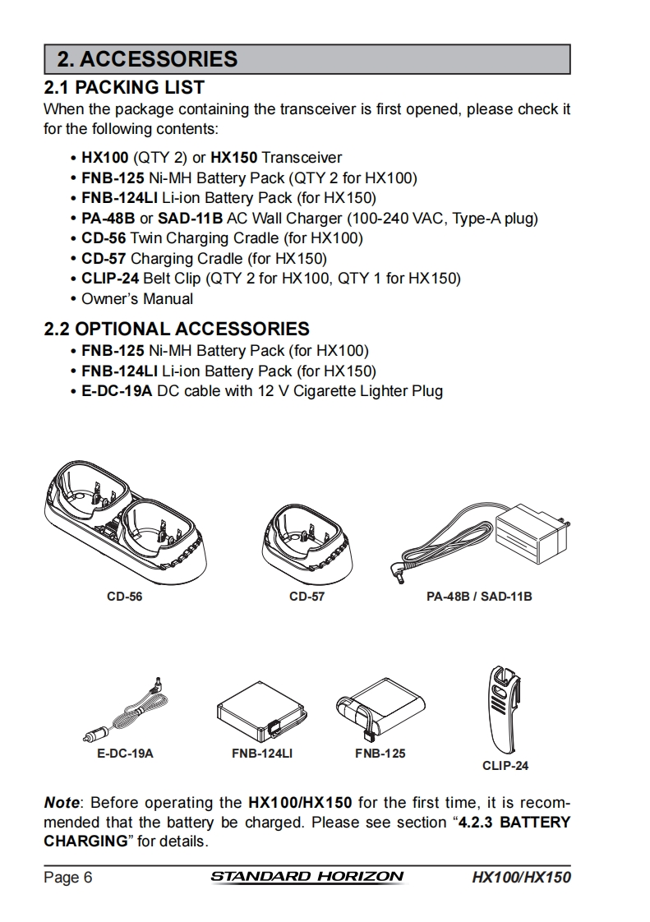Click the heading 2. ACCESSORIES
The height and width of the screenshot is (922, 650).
(x=147, y=59)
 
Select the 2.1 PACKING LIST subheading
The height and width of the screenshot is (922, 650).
(x=124, y=87)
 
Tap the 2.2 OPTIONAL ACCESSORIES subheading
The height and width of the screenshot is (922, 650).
(x=177, y=330)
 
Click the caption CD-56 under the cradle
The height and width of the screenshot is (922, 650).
(x=125, y=597)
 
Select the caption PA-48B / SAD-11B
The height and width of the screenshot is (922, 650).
(x=479, y=597)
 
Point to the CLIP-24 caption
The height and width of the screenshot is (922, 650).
(x=505, y=766)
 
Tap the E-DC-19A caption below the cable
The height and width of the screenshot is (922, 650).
(x=120, y=753)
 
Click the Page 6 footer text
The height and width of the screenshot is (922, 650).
(x=67, y=878)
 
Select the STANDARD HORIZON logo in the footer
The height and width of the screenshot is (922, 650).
(x=307, y=877)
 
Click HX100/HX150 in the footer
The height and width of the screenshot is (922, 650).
(x=521, y=878)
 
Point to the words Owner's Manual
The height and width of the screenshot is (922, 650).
(x=137, y=299)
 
